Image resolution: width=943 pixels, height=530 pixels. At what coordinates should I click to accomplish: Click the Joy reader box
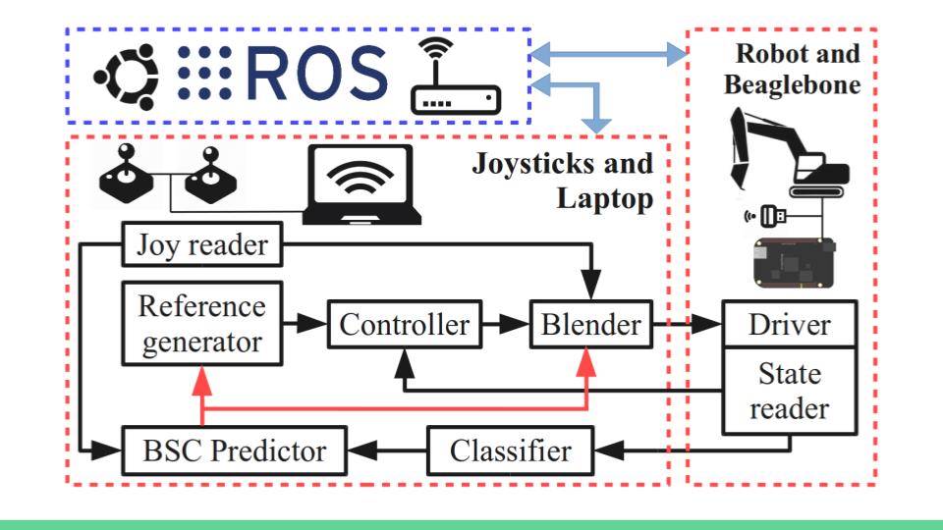tap(202, 244)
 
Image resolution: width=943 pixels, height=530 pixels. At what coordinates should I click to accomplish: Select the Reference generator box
tap(201, 324)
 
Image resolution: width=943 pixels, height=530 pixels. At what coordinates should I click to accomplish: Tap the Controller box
tap(406, 325)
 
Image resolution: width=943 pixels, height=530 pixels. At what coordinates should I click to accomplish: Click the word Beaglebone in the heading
tap(792, 84)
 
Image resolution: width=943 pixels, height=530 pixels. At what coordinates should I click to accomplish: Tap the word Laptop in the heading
tap(605, 201)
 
